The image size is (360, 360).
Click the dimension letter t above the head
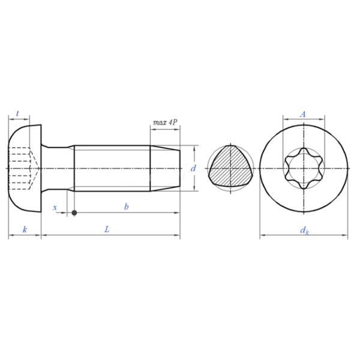[x=18, y=113]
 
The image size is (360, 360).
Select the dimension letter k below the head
[x=24, y=230]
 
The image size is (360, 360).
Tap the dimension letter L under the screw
[x=107, y=230]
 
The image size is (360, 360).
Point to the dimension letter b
[x=126, y=207]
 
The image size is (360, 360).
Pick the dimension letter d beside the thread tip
[x=193, y=169]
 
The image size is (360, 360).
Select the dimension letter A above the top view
[x=303, y=113]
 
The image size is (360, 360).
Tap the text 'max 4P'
[x=165, y=122]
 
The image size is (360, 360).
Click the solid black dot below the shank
[x=74, y=212]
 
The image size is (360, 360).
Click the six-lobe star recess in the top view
[x=304, y=169]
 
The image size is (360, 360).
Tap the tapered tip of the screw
[x=165, y=169]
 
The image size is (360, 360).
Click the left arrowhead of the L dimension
[x=43, y=237]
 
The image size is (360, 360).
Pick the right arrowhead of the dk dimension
[x=346, y=237]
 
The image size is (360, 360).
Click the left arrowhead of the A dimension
[x=284, y=119]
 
